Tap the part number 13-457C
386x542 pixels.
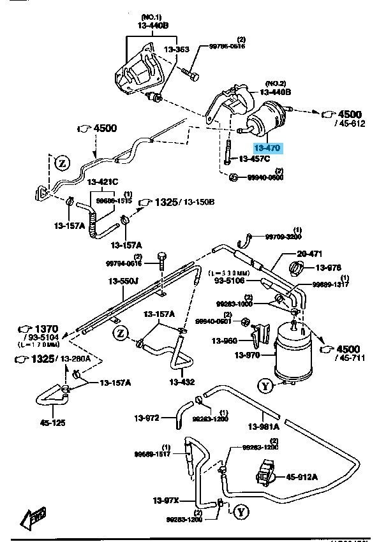tap(255, 159)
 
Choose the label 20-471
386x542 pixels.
tap(292, 253)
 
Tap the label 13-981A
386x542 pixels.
tap(263, 427)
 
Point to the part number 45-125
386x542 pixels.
tap(53, 421)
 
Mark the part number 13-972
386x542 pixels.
tap(146, 418)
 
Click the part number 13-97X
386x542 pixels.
tap(165, 499)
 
